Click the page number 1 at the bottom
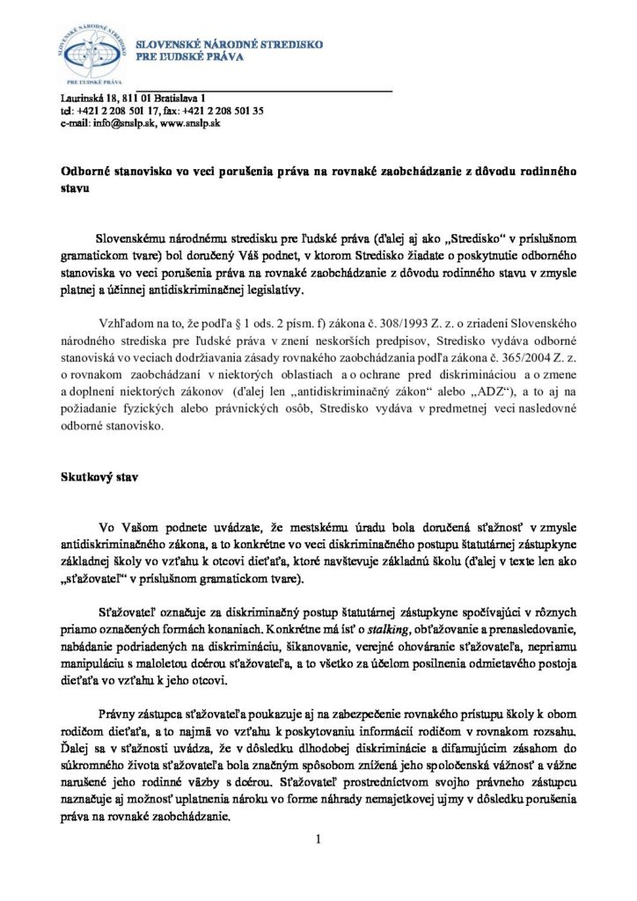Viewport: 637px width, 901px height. [x=318, y=839]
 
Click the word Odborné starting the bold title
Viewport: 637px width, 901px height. [x=87, y=172]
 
